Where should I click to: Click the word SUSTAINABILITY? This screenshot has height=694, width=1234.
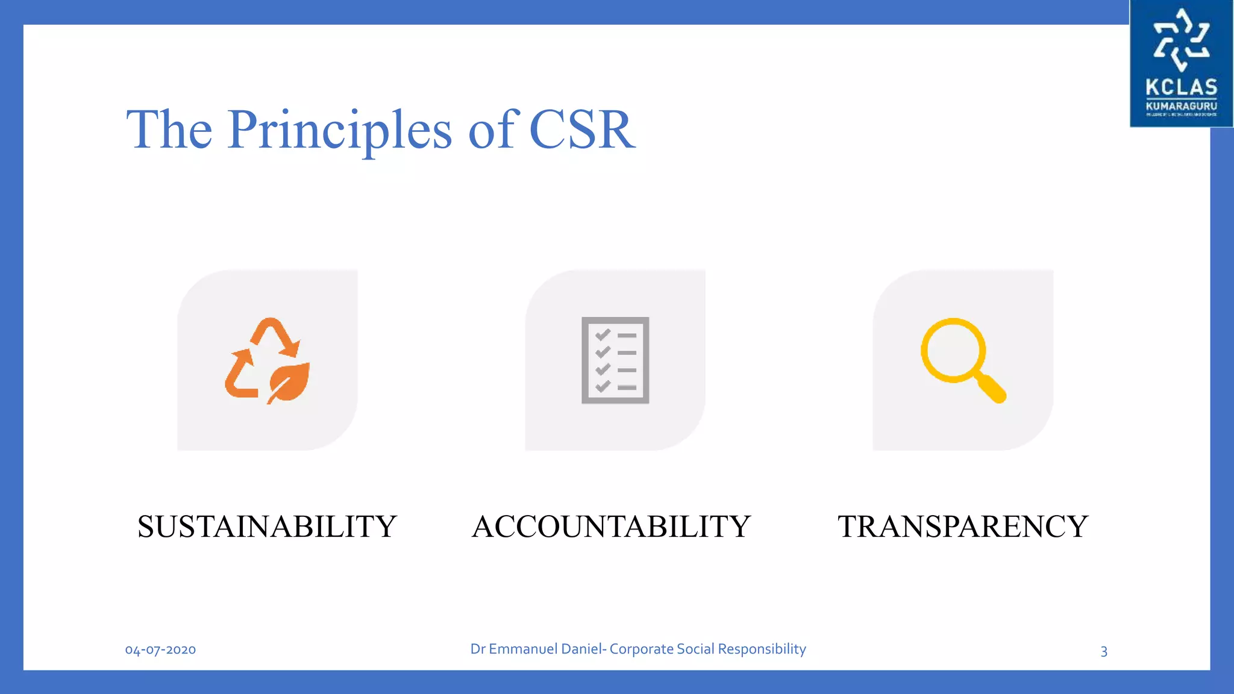click(267, 527)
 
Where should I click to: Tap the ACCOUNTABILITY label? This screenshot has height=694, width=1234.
click(611, 527)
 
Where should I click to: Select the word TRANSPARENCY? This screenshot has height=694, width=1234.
click(962, 527)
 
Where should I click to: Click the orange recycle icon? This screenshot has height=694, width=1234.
click(267, 360)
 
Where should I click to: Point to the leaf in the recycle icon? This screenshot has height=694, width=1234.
click(289, 382)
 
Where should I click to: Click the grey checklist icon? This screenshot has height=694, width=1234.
click(615, 360)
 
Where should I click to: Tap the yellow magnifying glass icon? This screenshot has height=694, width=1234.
click(962, 359)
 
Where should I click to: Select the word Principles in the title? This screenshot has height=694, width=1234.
click(339, 130)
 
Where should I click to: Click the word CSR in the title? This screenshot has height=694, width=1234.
click(581, 130)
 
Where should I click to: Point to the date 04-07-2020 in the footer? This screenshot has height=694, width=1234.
click(160, 649)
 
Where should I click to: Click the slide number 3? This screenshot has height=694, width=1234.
click(1104, 651)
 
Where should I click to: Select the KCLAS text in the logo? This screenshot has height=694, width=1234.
click(1181, 87)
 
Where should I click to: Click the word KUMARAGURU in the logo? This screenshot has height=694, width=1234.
click(1181, 106)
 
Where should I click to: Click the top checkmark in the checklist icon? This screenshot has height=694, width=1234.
click(603, 335)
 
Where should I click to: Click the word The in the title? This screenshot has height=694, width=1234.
click(169, 130)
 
